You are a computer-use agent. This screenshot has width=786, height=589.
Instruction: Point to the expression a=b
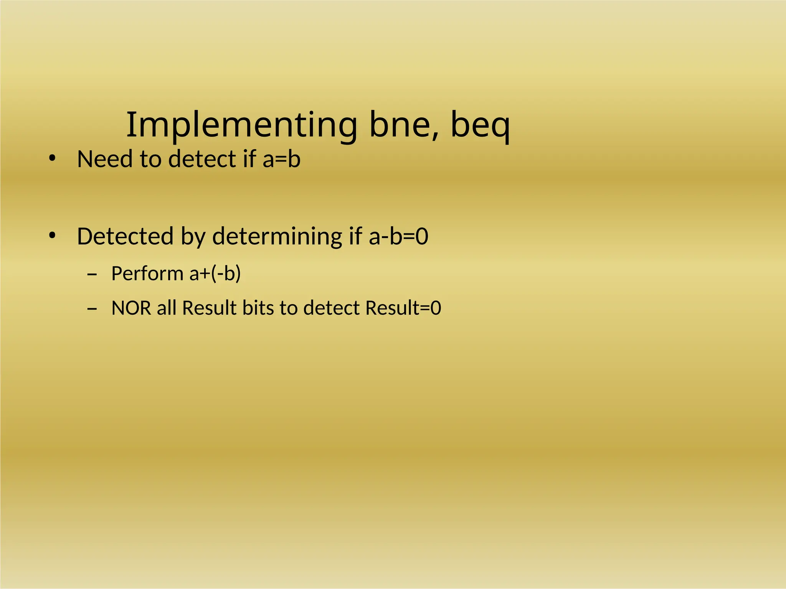point(281,159)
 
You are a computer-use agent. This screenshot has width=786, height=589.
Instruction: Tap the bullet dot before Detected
point(53,235)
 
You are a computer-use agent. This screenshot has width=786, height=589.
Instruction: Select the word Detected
point(125,236)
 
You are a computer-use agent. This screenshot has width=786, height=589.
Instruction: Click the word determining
point(277,236)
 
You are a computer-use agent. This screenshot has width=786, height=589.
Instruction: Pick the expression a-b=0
point(398,236)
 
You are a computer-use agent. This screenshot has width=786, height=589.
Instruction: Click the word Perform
point(147,273)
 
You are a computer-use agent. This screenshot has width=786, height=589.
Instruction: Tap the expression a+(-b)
point(215,273)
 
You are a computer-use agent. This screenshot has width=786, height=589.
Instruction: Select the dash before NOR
point(92,308)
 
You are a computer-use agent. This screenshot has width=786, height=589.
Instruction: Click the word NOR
point(131,308)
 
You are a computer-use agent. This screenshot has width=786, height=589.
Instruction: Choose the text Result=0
point(403,308)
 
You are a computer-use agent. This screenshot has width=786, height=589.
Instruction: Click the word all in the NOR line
point(166,308)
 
